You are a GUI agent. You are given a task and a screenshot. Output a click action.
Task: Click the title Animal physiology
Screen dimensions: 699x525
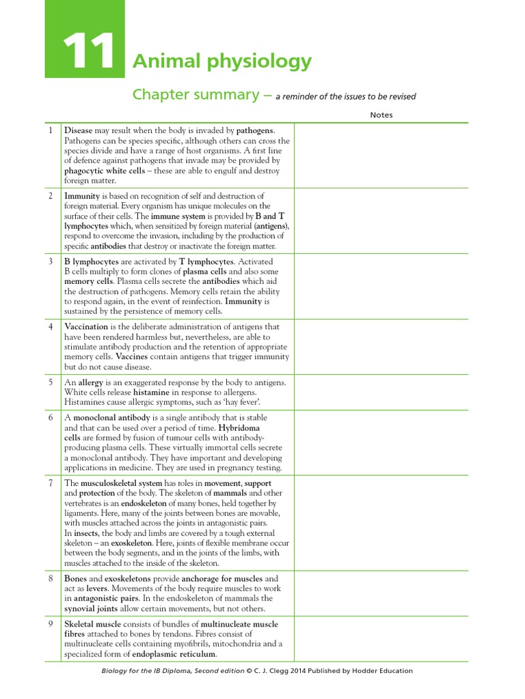(x=222, y=61)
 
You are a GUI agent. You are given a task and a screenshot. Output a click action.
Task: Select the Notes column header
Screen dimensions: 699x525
(x=381, y=115)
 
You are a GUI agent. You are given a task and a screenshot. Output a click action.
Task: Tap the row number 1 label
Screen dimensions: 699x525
(x=50, y=130)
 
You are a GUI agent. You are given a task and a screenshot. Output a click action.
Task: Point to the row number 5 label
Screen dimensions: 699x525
(x=50, y=382)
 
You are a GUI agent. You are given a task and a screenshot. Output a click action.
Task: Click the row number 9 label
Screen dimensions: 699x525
(x=50, y=624)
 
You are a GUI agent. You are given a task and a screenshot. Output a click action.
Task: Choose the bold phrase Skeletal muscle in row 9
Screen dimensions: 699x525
(x=92, y=624)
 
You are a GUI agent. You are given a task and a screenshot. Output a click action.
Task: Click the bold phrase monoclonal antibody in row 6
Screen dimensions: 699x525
(x=113, y=417)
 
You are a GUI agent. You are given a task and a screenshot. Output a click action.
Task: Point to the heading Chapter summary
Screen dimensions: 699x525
(x=195, y=94)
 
